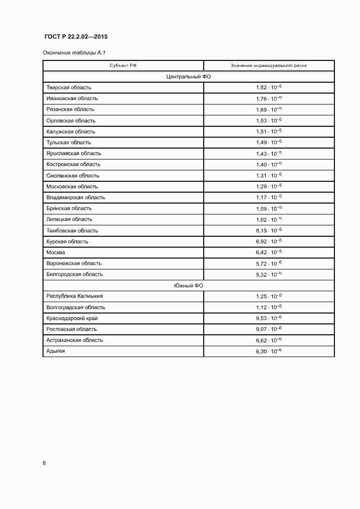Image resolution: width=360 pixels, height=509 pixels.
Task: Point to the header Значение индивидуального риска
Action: [x=269, y=65]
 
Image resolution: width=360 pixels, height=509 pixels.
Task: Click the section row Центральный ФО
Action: [x=188, y=77]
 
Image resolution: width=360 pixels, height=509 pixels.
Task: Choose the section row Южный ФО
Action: [x=188, y=285]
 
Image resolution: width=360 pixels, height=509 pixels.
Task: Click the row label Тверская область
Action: [x=69, y=88]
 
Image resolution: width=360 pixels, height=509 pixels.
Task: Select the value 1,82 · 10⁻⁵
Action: [x=269, y=88]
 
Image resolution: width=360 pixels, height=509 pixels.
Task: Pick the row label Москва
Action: [x=56, y=253]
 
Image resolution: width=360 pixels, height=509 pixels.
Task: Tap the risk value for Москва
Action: [x=269, y=253]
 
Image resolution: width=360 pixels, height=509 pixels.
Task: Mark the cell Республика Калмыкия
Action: [x=75, y=296]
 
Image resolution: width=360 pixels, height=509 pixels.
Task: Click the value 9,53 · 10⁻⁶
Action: [x=269, y=318]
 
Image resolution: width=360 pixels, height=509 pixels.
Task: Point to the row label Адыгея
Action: [x=56, y=351]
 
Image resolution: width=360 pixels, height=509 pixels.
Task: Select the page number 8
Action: [x=44, y=463]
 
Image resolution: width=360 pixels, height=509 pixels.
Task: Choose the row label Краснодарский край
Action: [x=72, y=318]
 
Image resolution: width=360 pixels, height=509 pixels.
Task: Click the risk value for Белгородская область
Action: [x=269, y=274]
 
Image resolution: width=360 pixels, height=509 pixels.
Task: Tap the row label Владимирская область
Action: [x=76, y=198]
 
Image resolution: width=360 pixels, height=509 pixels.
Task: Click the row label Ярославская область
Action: [x=74, y=154]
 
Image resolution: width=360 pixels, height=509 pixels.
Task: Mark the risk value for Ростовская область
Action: [x=269, y=329]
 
